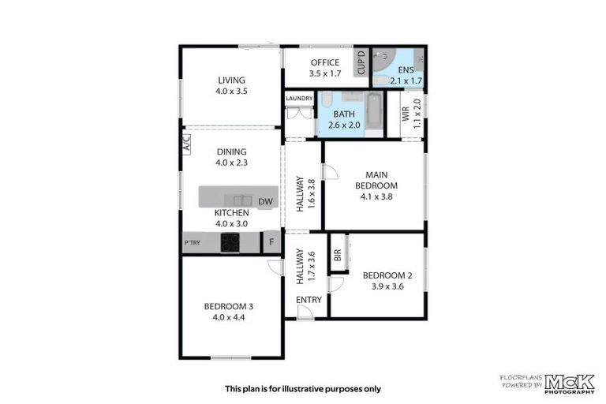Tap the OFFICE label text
[x=324, y=63]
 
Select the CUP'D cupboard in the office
[x=361, y=63]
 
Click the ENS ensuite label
[x=406, y=69]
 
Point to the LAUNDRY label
[x=300, y=99]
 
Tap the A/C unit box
[x=186, y=144]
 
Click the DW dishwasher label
[x=265, y=202]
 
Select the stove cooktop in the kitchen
[x=230, y=243]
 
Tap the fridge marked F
[x=271, y=243]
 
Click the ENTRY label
[x=309, y=300]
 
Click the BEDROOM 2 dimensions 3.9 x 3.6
[x=387, y=286]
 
